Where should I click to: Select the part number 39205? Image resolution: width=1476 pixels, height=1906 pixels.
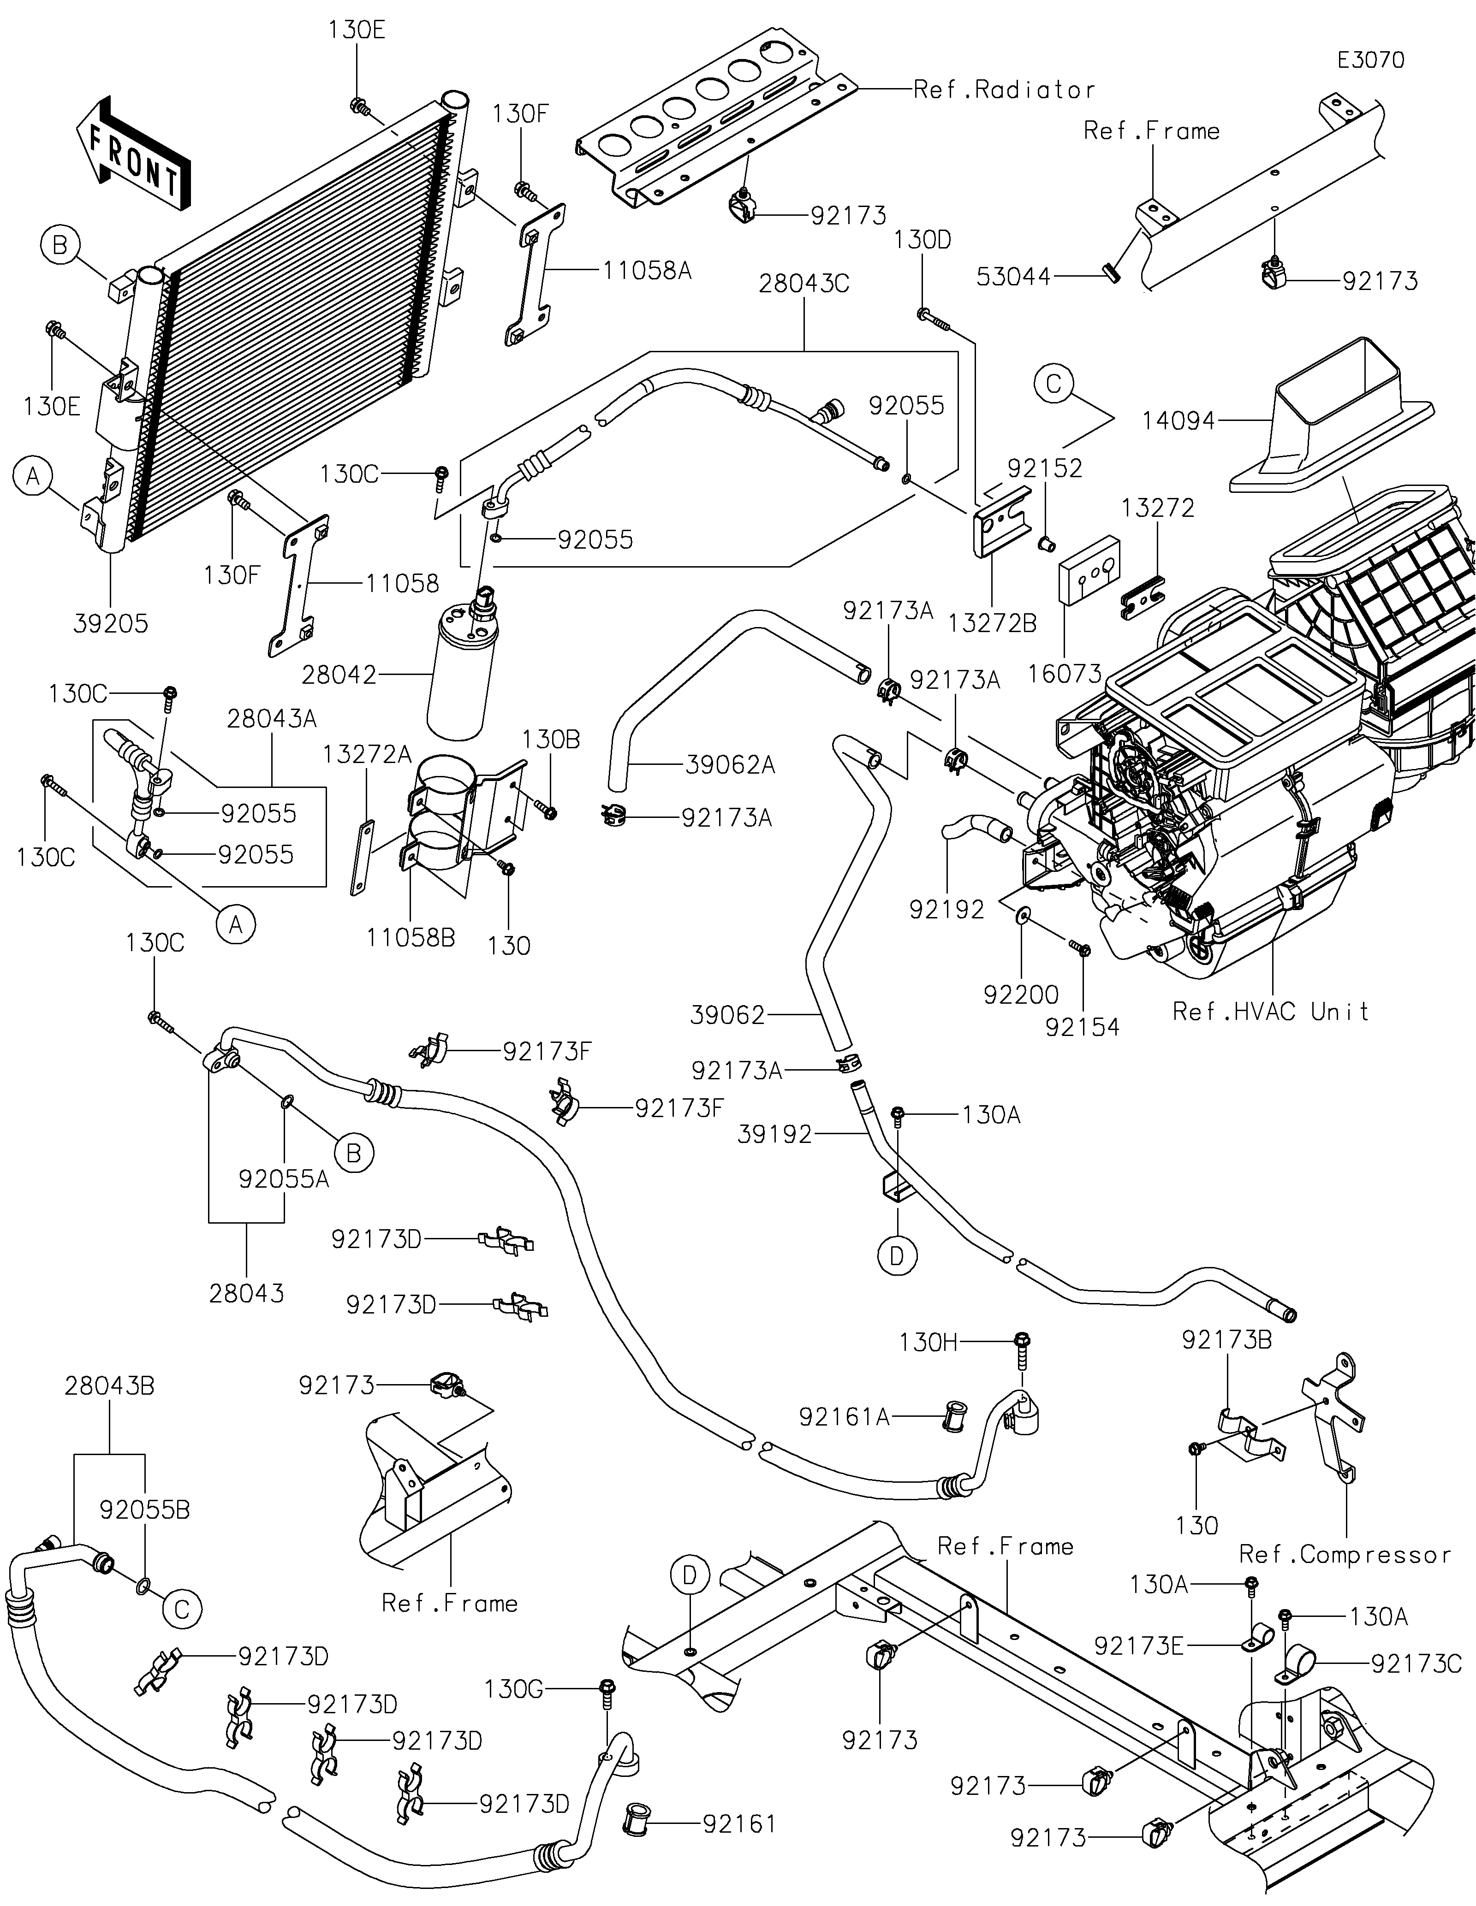pos(111,624)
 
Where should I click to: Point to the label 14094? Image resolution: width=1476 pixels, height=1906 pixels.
pos(1178,421)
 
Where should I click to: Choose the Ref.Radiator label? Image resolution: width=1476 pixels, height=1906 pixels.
pos(1004,90)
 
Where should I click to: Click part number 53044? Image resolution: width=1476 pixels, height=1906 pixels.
pos(1013,278)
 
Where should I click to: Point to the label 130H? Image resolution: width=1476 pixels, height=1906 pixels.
pos(928,1342)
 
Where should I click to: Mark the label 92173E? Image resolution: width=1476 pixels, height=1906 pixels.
pos(1139,1646)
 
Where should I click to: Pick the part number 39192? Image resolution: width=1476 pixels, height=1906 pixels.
pos(775,1135)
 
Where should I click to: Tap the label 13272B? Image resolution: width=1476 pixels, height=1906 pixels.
pos(993,624)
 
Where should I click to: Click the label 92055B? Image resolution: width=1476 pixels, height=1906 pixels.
pos(144,1510)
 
